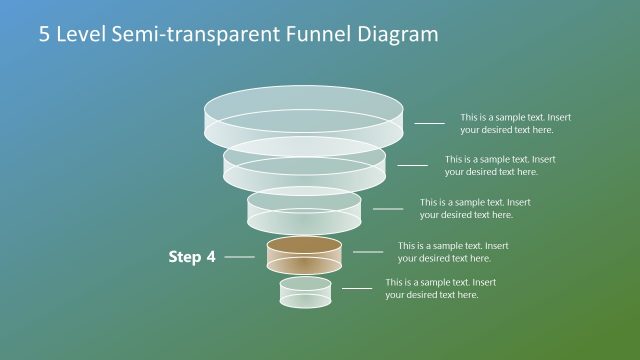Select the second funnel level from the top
coord(304,162)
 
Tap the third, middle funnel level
coord(304,208)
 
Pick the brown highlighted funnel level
coord(304,254)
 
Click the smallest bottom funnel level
coord(304,292)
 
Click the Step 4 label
coord(192,257)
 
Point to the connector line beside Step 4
coord(240,257)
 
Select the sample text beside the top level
coord(515,123)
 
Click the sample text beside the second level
coord(500,165)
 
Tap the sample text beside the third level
coord(475,208)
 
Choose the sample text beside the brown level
coord(453,251)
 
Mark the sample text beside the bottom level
coord(441,288)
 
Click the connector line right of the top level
coord(430,123)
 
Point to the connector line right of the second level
coord(412,165)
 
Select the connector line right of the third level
coord(388,209)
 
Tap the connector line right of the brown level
coord(367,252)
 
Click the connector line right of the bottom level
coord(357,288)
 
